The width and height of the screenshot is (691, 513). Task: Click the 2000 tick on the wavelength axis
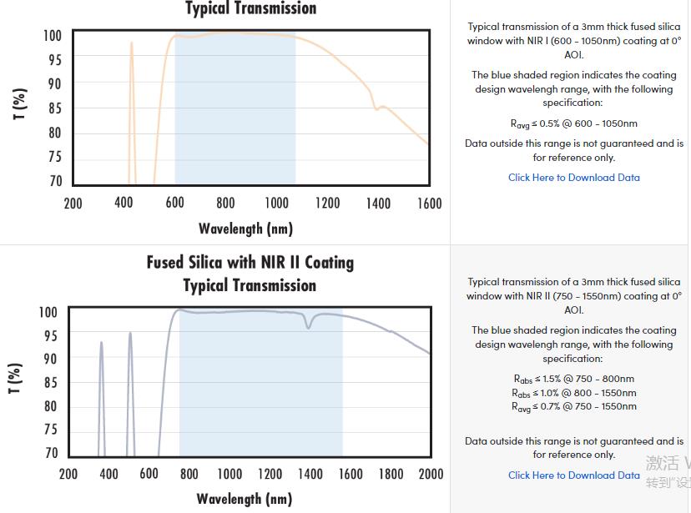click(431, 474)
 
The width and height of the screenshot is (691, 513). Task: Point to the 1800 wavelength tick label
click(391, 474)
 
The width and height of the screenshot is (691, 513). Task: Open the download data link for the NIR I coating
click(574, 178)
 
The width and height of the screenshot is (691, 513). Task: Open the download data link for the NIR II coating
click(574, 475)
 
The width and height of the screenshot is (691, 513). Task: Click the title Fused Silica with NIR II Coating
click(250, 263)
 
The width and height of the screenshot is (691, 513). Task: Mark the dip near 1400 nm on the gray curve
click(309, 326)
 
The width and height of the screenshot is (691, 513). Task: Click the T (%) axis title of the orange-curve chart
click(20, 104)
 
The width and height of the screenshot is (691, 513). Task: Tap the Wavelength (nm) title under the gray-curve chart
click(245, 499)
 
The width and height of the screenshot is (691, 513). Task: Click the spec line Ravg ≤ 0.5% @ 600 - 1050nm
click(574, 123)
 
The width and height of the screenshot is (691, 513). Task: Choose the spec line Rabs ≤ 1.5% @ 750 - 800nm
click(574, 379)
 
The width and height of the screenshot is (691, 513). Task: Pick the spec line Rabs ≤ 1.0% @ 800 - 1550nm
click(574, 393)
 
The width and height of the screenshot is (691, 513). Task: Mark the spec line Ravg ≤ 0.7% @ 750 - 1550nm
click(574, 407)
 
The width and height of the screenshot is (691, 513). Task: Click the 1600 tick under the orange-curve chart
click(429, 204)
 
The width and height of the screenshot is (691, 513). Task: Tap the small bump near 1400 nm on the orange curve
click(381, 107)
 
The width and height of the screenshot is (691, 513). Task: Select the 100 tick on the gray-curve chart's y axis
click(48, 312)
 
